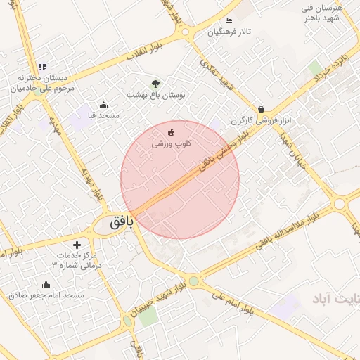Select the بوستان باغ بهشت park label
point(155,94)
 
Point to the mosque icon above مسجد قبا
point(104,105)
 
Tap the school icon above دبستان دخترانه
point(42,67)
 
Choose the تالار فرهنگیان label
point(229,32)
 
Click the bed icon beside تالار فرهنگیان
point(229,21)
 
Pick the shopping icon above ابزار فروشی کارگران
point(262,109)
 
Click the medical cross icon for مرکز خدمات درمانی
point(77,245)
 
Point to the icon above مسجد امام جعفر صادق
point(46,284)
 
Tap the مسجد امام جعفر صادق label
point(46,295)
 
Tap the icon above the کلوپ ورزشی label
point(172,132)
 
